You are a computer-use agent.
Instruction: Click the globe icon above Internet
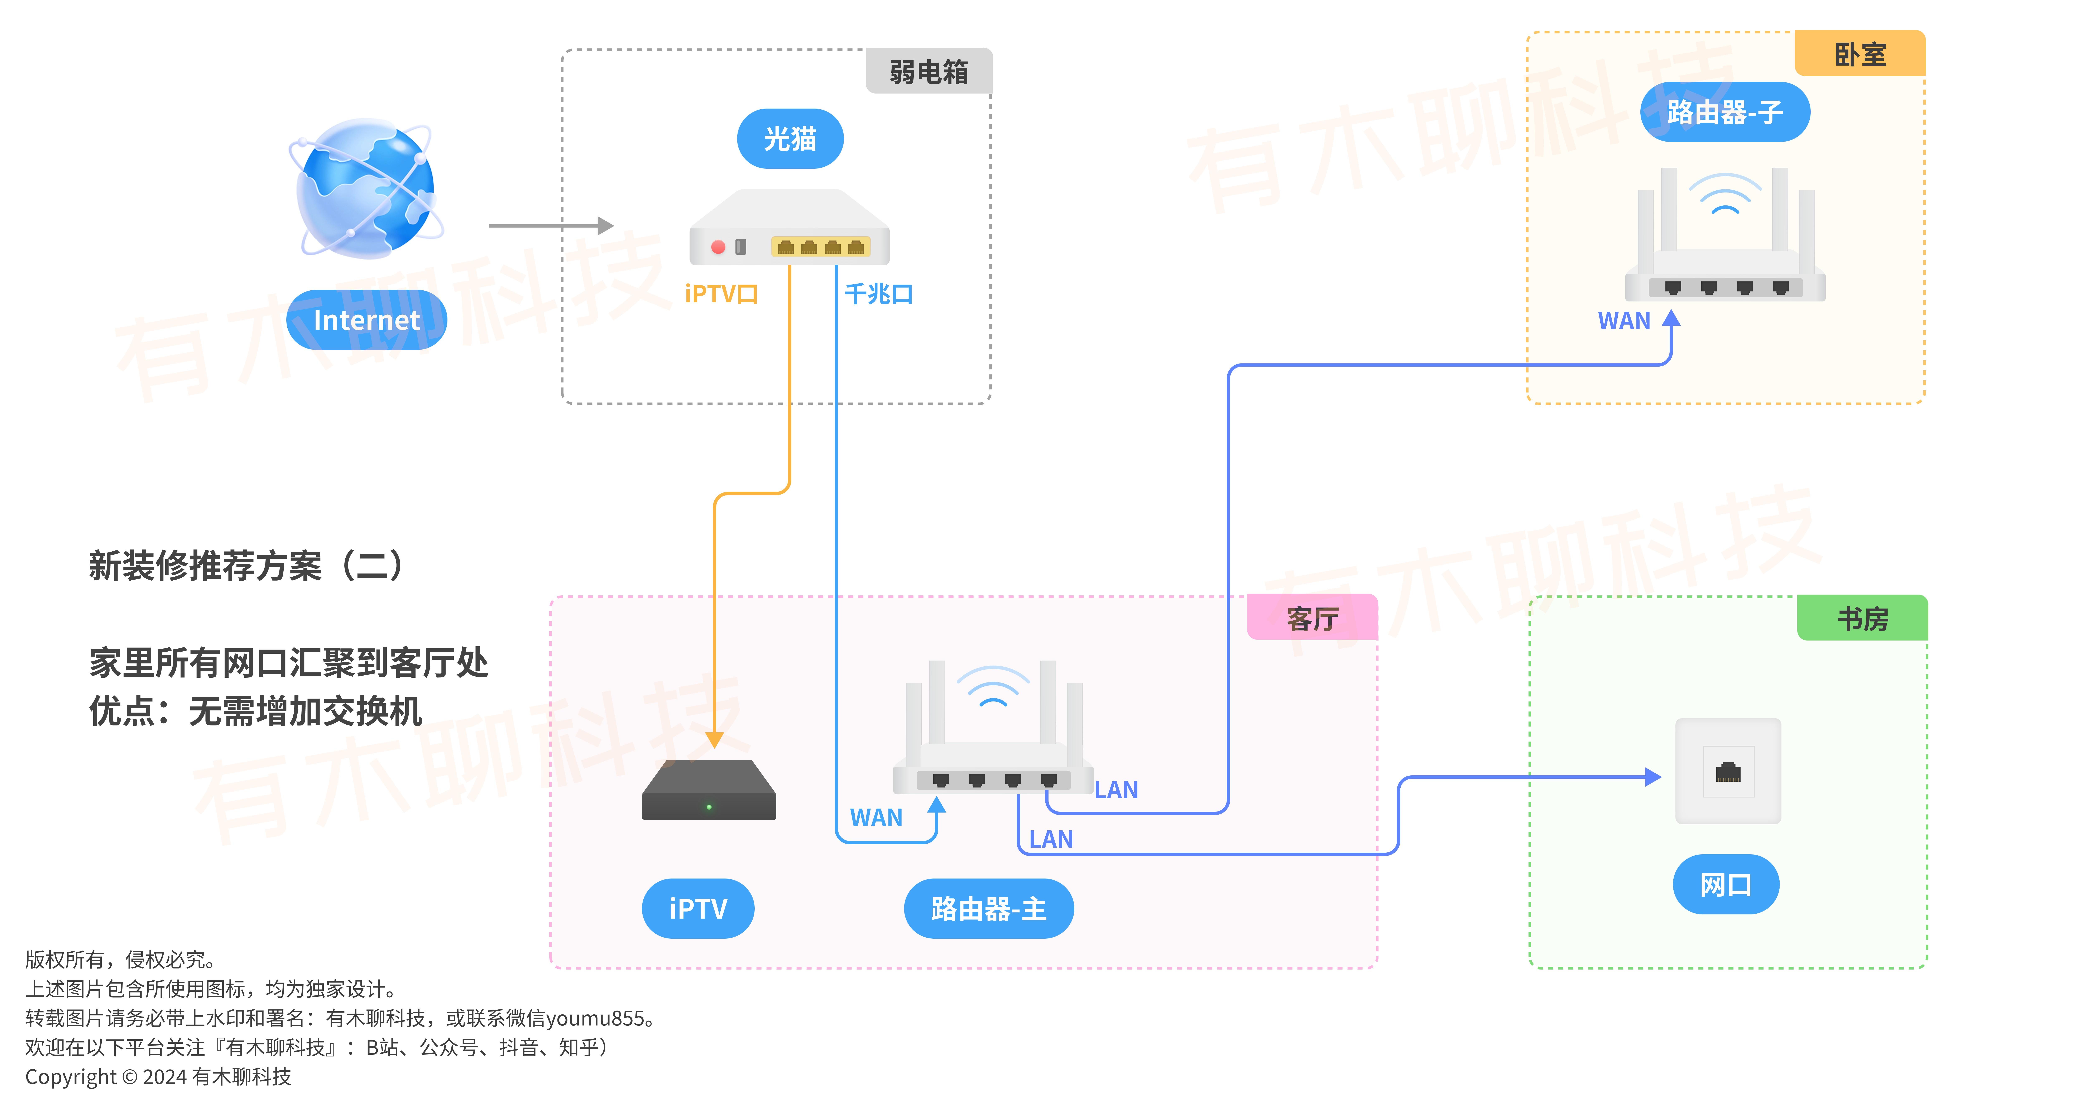pyautogui.click(x=366, y=189)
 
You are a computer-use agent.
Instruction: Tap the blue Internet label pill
pyautogui.click(x=366, y=320)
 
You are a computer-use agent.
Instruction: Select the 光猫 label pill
pyautogui.click(x=790, y=139)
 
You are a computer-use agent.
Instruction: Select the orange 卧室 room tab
pyautogui.click(x=1860, y=53)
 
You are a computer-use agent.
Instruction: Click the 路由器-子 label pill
pyautogui.click(x=1725, y=112)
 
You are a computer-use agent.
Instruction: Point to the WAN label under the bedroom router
pyautogui.click(x=1624, y=321)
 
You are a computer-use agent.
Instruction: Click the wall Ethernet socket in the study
pyautogui.click(x=1728, y=771)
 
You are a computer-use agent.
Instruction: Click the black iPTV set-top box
pyautogui.click(x=709, y=790)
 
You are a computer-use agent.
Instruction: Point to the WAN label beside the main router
pyautogui.click(x=876, y=817)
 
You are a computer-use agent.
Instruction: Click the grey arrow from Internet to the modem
pyautogui.click(x=551, y=225)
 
